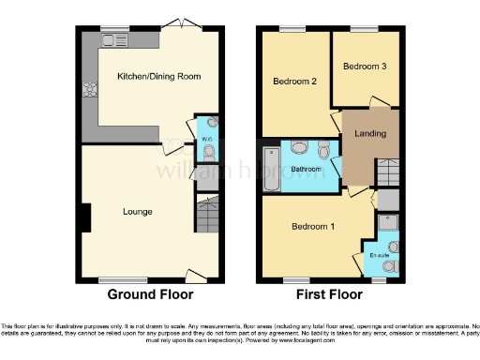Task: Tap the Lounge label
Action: tap(137, 211)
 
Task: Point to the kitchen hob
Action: tap(92, 91)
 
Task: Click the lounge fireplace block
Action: tap(85, 217)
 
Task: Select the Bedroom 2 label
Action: tap(292, 82)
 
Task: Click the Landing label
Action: tap(370, 133)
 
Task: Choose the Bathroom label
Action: tap(307, 170)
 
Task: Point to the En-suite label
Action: tap(379, 254)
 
